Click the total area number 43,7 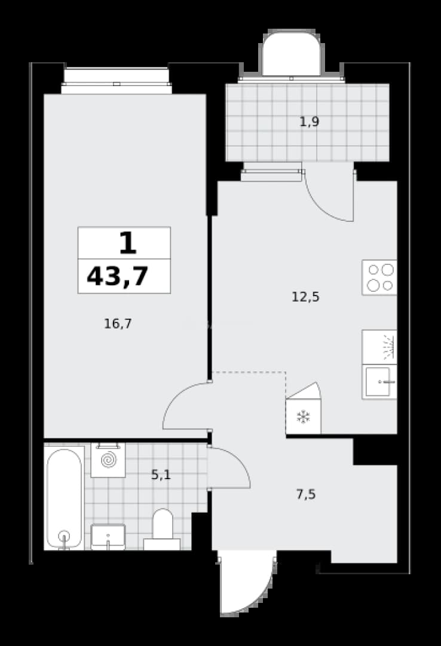117,276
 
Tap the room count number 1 128,243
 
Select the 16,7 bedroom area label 118,324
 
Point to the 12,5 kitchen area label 305,297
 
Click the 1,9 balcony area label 309,122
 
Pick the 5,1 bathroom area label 161,475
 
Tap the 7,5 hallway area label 306,494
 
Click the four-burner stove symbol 379,278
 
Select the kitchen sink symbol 379,382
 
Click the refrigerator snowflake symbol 304,417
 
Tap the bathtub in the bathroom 64,498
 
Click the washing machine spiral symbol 108,460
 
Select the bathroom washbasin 108,537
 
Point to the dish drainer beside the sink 379,347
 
